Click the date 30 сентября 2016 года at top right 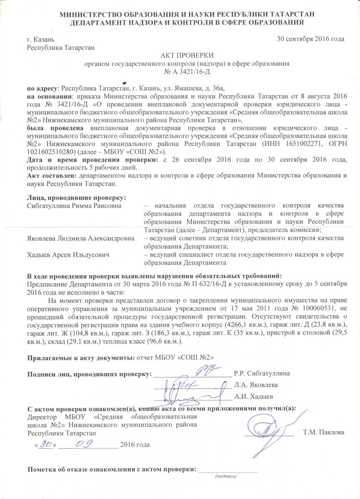[x=311, y=39]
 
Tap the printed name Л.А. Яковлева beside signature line [x=256, y=385]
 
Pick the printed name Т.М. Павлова [x=324, y=432]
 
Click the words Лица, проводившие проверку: [x=76, y=197]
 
